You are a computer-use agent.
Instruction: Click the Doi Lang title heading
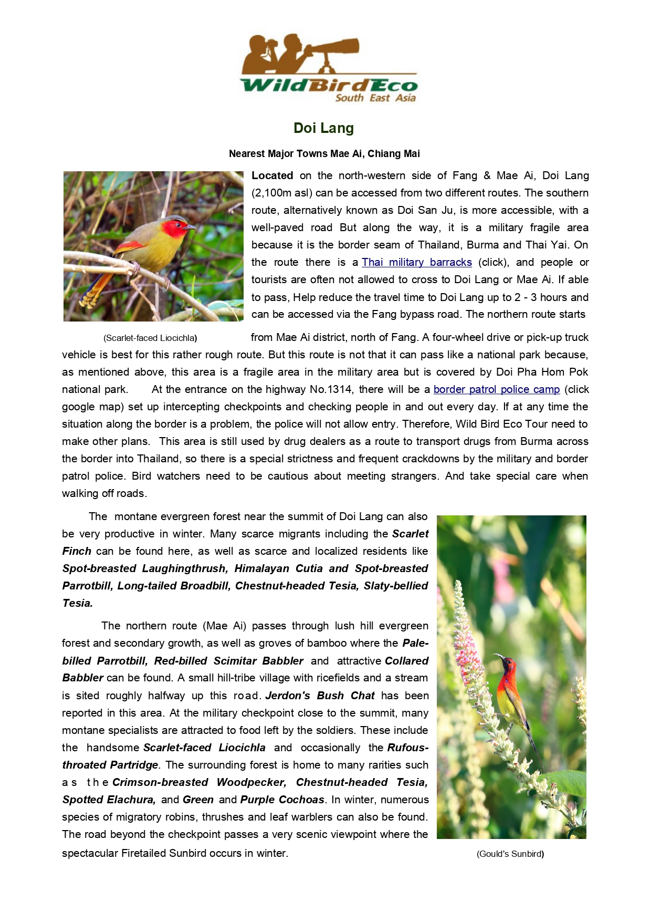(x=323, y=128)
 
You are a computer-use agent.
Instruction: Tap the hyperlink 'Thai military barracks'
(x=417, y=262)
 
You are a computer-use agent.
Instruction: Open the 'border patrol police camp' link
(x=497, y=389)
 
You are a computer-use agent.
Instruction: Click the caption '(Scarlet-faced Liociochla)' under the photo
(x=150, y=338)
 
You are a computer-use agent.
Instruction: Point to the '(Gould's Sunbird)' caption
(x=510, y=854)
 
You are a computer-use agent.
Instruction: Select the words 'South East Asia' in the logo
(x=375, y=98)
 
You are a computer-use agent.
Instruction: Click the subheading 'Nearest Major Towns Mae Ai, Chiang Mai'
(x=324, y=154)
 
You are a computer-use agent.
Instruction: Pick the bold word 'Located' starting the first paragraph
(x=272, y=175)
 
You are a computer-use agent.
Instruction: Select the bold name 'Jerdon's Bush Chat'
(x=320, y=696)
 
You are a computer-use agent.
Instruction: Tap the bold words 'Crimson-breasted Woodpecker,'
(x=199, y=782)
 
